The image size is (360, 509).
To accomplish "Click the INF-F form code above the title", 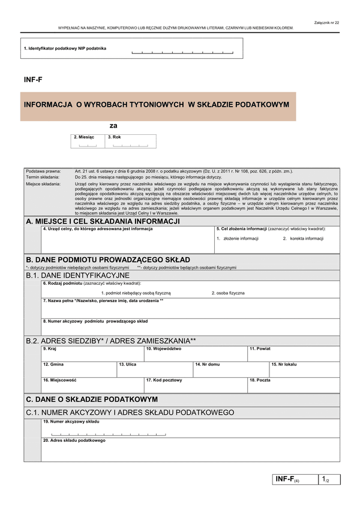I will click(x=32, y=79).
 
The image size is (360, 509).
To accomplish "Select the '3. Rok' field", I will click(x=131, y=141).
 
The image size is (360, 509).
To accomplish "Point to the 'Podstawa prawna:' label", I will click(x=43, y=171).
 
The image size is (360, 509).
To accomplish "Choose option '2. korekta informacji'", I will click(x=303, y=239).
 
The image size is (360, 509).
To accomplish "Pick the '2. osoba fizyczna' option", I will click(x=228, y=293).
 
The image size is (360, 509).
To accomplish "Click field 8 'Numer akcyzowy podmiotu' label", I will click(x=95, y=321).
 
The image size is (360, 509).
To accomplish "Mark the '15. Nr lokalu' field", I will click(x=304, y=369).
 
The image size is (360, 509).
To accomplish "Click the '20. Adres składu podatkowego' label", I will click(x=74, y=440).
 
